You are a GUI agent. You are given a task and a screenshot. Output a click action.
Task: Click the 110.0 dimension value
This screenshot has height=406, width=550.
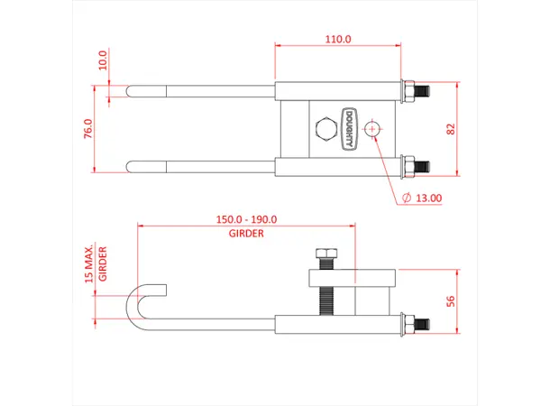point(338,40)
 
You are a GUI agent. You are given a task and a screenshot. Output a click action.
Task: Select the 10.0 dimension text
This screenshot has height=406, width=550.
point(103,60)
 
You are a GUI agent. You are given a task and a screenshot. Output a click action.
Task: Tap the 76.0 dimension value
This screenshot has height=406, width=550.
point(88,128)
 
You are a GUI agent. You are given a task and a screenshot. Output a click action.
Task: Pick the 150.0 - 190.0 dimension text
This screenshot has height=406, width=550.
point(246,219)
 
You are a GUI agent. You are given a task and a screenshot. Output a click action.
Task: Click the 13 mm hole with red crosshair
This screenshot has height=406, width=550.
point(371,130)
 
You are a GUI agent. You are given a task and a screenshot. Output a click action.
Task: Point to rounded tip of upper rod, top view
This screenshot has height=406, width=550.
point(131,90)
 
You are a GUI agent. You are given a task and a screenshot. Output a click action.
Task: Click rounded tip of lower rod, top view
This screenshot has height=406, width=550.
point(131,166)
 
